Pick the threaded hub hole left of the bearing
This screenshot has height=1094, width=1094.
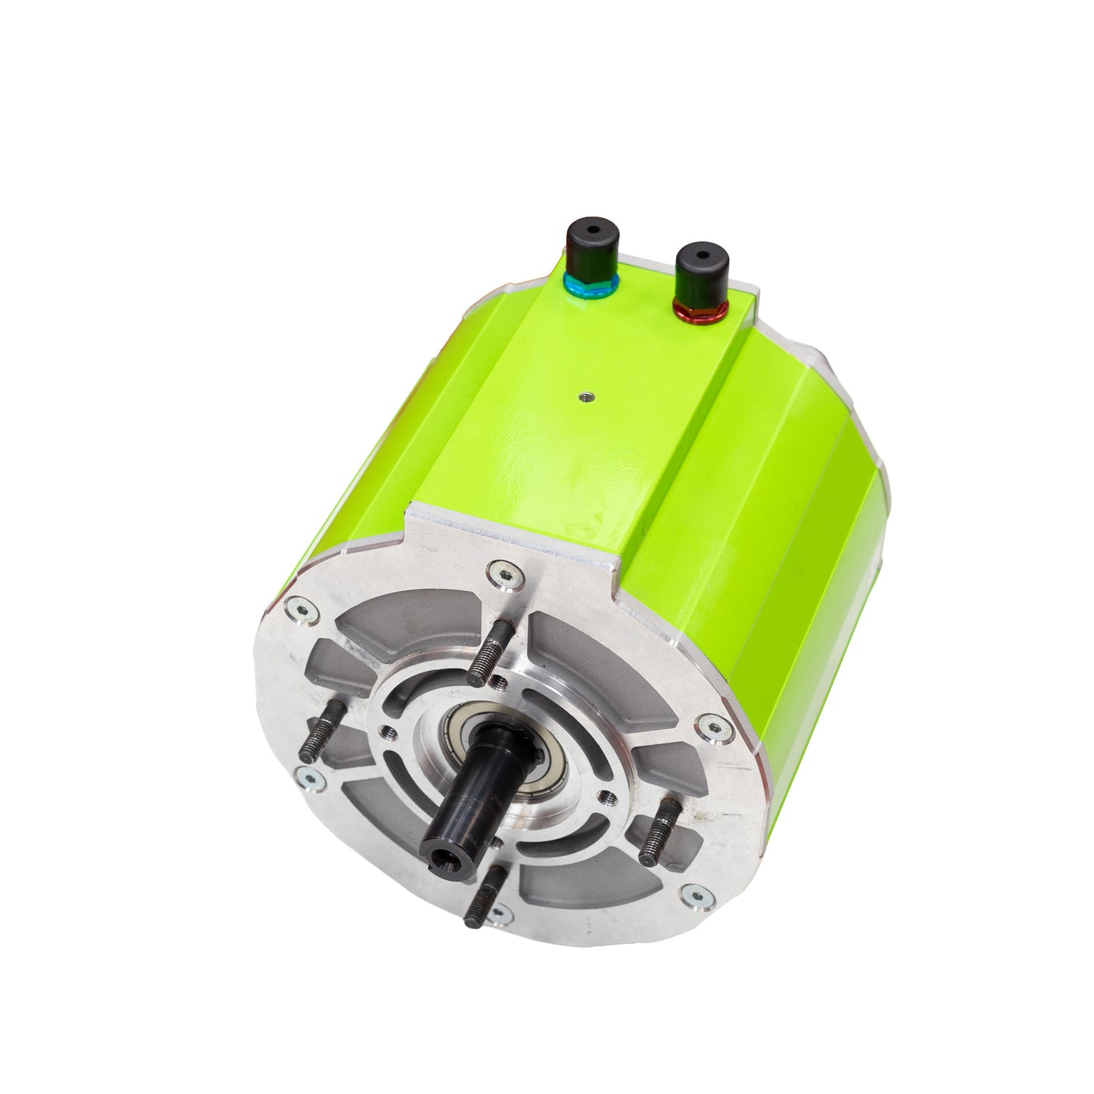pyautogui.click(x=388, y=731)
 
